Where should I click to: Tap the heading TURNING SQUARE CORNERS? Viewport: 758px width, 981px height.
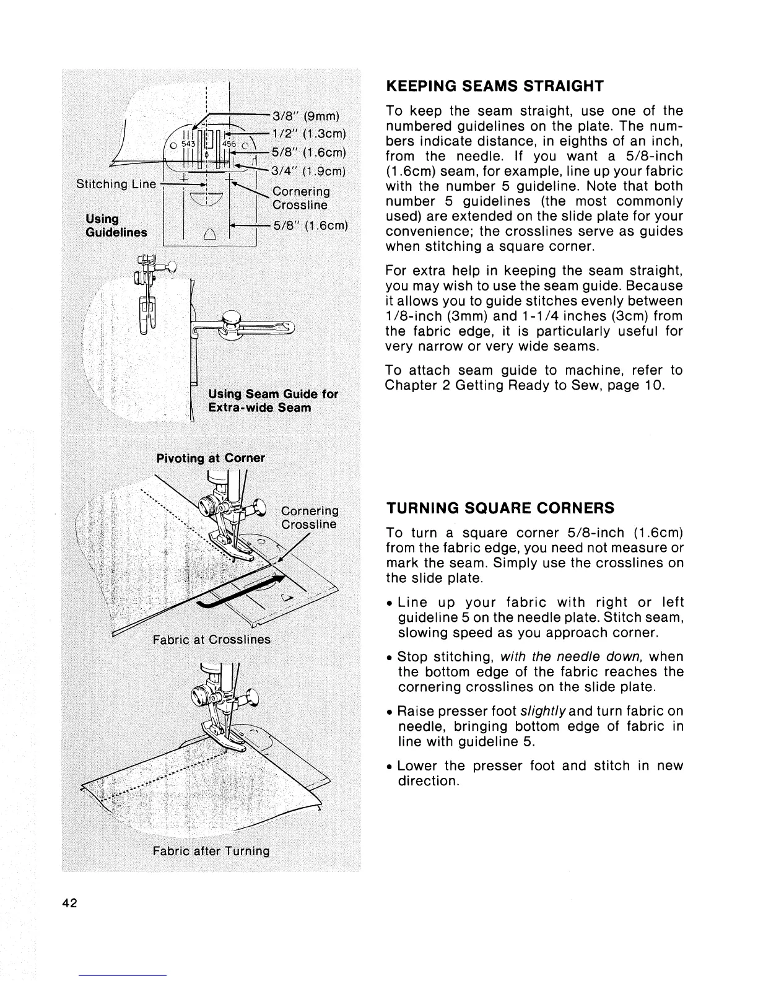(x=500, y=508)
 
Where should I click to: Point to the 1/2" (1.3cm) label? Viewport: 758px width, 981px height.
(x=310, y=136)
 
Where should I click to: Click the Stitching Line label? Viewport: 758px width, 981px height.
(x=116, y=185)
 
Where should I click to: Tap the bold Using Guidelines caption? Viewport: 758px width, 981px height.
(x=116, y=225)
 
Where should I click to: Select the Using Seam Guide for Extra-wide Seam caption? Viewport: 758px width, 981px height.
(x=272, y=401)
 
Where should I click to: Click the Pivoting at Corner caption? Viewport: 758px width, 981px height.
(x=211, y=458)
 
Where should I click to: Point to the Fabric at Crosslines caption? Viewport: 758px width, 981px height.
(x=212, y=639)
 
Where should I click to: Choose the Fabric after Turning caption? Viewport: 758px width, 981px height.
(x=211, y=850)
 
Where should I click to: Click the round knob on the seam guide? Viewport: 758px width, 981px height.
(x=230, y=318)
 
